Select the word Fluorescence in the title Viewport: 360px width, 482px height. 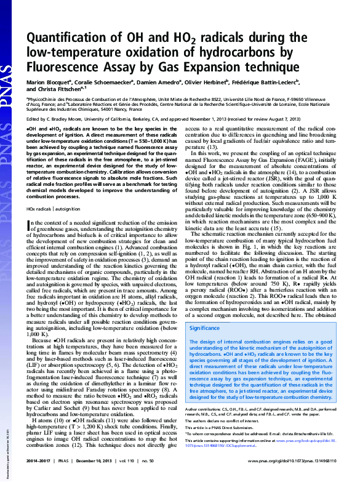click(66, 66)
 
